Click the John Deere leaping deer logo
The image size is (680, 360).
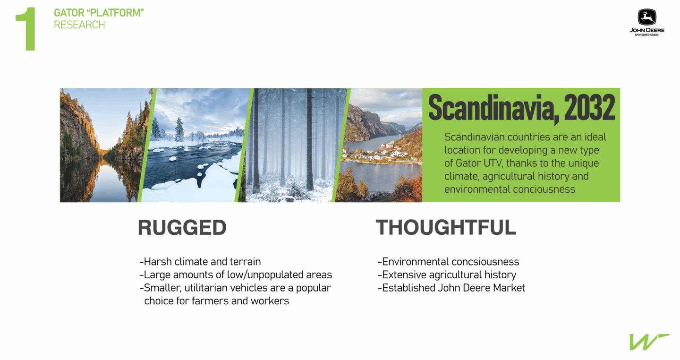point(647,17)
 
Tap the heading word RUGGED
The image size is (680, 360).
point(182,227)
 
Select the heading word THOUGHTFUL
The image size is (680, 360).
point(446,227)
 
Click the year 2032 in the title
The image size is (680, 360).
point(589,108)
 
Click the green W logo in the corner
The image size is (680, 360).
point(649,342)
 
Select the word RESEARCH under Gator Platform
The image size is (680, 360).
point(79,25)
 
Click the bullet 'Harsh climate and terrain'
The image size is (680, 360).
point(200,262)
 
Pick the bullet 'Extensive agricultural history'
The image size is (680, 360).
point(447,274)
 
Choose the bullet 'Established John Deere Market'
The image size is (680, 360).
point(451,288)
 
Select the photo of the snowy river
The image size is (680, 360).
point(194,145)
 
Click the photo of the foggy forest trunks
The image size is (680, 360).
point(295,145)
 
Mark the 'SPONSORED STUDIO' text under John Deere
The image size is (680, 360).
point(647,35)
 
